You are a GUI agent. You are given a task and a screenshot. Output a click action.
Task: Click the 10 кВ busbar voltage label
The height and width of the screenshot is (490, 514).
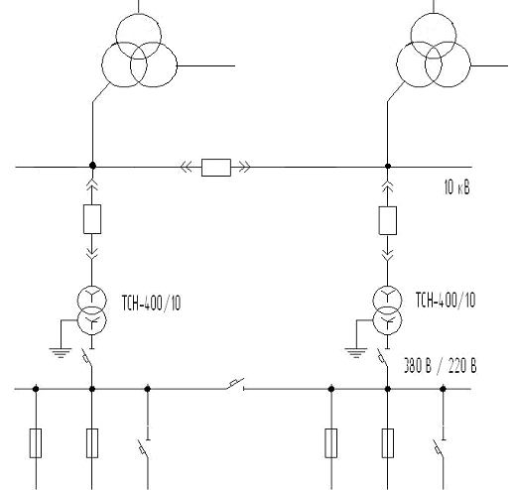[x=456, y=187]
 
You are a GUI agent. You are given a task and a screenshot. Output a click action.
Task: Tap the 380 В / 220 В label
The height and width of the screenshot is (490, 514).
[x=441, y=366]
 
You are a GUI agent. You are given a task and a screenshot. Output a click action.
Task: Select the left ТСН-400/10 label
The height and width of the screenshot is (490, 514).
[x=152, y=303]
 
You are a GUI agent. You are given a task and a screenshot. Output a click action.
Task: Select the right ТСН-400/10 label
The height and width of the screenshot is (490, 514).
[x=446, y=301]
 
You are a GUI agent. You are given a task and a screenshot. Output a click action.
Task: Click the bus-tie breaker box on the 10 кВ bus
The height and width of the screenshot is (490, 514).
[x=216, y=168]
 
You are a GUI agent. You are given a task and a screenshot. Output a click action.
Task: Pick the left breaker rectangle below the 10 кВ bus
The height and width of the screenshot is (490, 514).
[x=92, y=219]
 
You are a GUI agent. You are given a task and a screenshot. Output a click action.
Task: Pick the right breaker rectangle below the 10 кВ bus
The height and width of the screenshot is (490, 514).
[x=388, y=220]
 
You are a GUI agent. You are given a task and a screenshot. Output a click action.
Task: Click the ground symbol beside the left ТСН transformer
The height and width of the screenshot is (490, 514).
[x=61, y=353]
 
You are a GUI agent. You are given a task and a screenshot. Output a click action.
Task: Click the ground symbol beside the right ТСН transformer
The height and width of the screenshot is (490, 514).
[x=355, y=353]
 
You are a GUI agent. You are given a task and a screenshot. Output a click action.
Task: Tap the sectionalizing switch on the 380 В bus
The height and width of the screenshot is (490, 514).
[x=235, y=384]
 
